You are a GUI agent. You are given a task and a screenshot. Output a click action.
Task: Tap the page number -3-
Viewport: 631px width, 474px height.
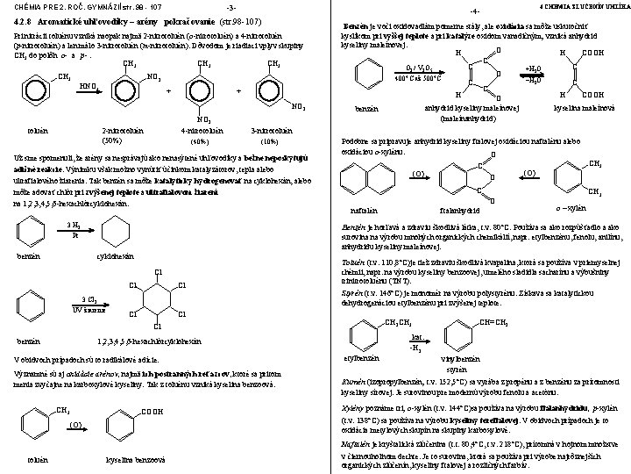(231, 8)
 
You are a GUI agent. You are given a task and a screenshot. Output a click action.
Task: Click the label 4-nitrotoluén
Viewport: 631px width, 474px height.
(198, 130)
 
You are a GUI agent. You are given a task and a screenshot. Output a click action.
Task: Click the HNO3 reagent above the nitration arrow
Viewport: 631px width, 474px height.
(89, 86)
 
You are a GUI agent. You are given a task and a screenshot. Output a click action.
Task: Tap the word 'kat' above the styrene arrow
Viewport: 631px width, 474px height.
(416, 336)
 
